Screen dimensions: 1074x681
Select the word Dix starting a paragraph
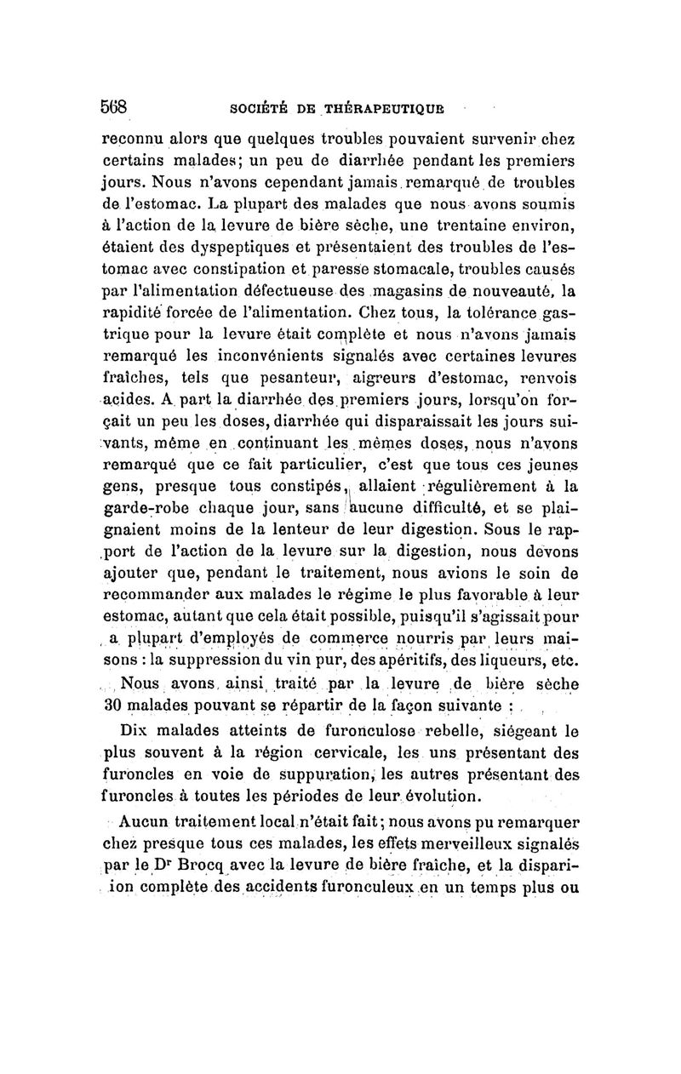click(135, 731)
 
